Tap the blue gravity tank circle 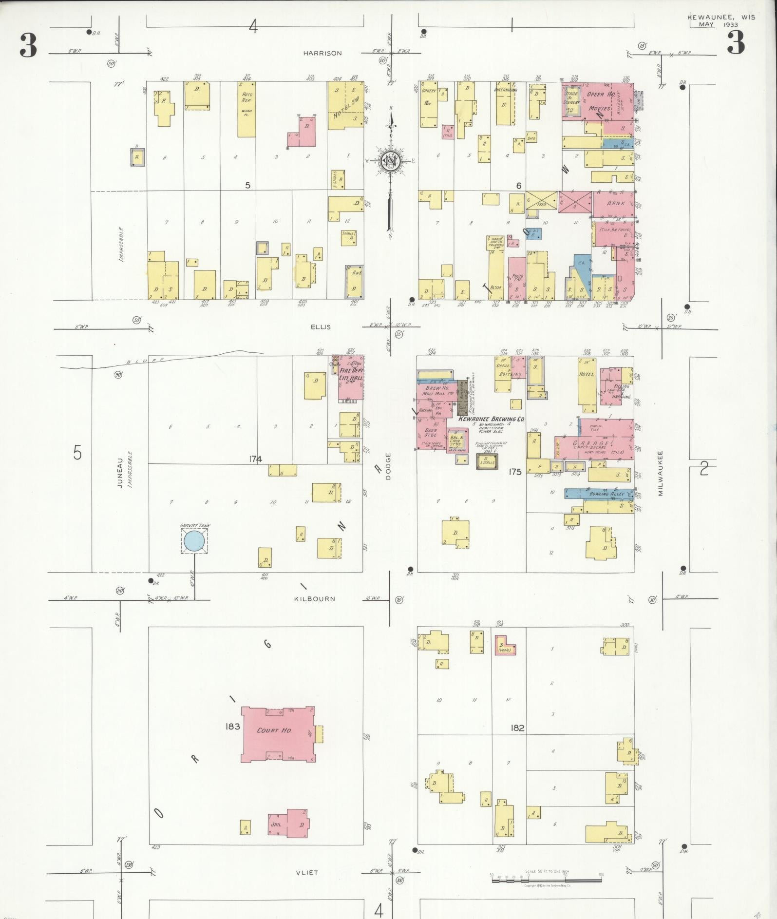pyautogui.click(x=194, y=541)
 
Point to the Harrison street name pyautogui.click(x=322, y=53)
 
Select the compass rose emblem pyautogui.click(x=390, y=161)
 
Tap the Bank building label pyautogui.click(x=615, y=203)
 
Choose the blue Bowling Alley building pyautogui.click(x=600, y=494)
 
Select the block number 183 pyautogui.click(x=232, y=726)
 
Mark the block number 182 pyautogui.click(x=517, y=728)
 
